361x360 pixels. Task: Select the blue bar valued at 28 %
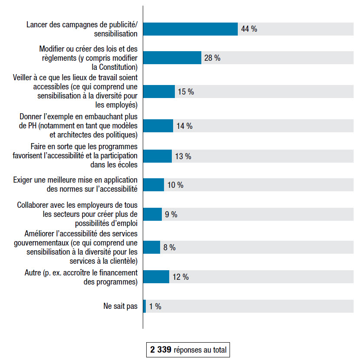(x=172, y=58)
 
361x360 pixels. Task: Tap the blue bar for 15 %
(x=159, y=92)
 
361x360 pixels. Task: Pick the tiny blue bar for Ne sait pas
(x=144, y=306)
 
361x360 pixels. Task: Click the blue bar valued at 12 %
(x=156, y=277)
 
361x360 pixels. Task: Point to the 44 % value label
(x=249, y=29)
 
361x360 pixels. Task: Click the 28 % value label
(x=212, y=58)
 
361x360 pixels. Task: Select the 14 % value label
(x=184, y=126)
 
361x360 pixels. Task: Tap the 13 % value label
(x=183, y=156)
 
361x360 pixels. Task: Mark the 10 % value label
(x=175, y=185)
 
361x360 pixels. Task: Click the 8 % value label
(x=169, y=247)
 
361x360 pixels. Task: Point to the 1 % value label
(x=155, y=306)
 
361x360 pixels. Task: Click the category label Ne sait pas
(x=120, y=306)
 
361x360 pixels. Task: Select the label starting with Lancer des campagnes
(x=82, y=29)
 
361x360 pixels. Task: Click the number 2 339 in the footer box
(x=161, y=350)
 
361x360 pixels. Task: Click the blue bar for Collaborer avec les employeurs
(x=152, y=214)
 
